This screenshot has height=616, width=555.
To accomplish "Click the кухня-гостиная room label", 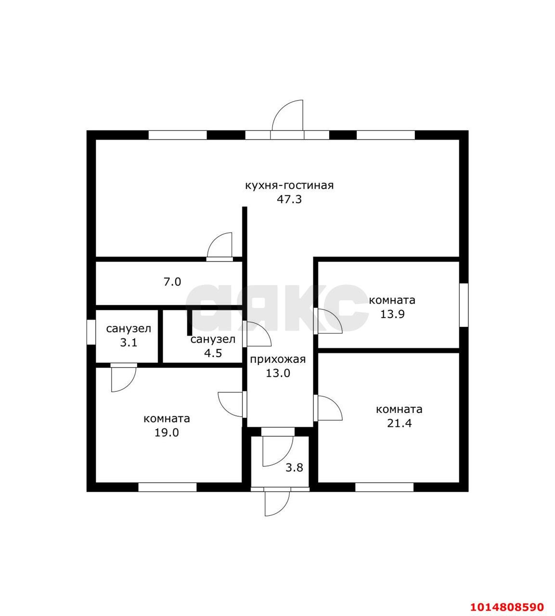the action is click(289, 185).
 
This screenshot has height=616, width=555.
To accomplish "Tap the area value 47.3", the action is click(289, 199).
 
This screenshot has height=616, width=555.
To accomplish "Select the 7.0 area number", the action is click(172, 282).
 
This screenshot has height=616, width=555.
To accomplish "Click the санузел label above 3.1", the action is click(129, 329).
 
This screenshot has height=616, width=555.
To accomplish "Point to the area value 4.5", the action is click(213, 353).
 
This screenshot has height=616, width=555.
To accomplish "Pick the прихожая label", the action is click(278, 359).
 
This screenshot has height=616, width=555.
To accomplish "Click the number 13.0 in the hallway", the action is click(278, 373).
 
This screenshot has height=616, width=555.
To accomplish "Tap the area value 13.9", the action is click(392, 314).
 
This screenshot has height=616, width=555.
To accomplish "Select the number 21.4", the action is click(399, 423).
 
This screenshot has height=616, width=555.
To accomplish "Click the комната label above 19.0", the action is click(167, 419).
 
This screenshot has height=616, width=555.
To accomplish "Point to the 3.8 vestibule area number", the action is click(294, 468).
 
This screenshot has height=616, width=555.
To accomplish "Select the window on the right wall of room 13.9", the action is click(464, 305).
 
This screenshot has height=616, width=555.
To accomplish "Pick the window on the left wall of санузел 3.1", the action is click(91, 332).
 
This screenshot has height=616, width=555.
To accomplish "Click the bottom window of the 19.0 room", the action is click(168, 487).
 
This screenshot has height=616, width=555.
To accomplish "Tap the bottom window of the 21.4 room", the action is click(384, 487).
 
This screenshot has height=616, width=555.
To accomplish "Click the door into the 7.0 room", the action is click(219, 247).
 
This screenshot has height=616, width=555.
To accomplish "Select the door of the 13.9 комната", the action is click(328, 321).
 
